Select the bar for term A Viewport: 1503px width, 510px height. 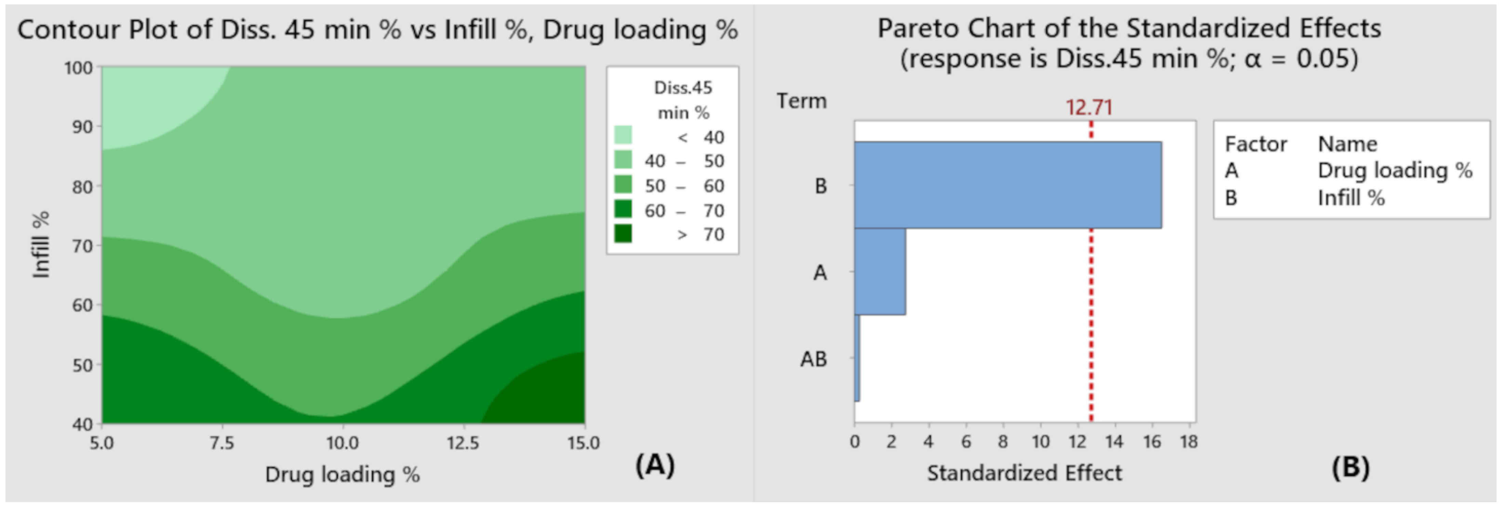[880, 271]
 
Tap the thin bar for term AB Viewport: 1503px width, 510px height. [857, 358]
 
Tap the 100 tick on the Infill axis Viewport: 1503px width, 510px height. [78, 68]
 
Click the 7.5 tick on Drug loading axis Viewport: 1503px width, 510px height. [222, 443]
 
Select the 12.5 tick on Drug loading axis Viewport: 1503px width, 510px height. [463, 443]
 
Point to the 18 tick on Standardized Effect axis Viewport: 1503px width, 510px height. [1189, 442]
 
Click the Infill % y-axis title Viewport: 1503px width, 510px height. [41, 245]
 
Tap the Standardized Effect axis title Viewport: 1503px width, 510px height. [1024, 473]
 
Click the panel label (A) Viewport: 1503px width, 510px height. [655, 465]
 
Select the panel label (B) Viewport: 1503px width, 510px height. [1350, 467]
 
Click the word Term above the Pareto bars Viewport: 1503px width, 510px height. [801, 101]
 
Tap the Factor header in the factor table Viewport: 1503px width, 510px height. [1256, 144]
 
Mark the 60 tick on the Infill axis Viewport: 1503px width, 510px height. [82, 305]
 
